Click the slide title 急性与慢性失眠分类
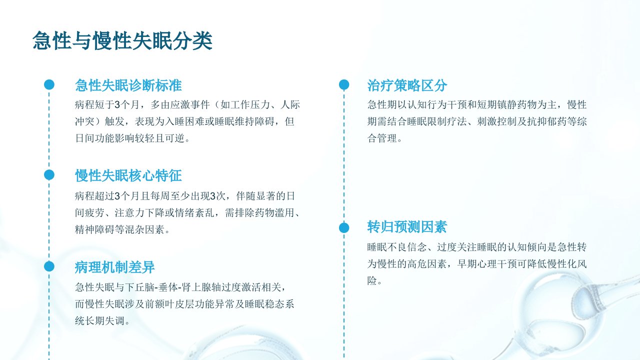[122, 40]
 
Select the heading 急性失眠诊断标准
[128, 85]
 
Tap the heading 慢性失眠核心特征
[128, 175]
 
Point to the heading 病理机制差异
[115, 267]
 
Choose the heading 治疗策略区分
[407, 85]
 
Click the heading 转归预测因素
[407, 227]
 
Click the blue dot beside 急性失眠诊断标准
[49, 84]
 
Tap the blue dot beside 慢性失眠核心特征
[49, 175]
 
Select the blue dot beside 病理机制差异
[49, 266]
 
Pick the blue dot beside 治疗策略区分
[344, 84]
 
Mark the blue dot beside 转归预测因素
[344, 227]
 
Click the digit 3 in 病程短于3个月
[117, 105]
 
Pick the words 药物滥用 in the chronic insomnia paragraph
[274, 213]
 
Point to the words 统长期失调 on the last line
[100, 321]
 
